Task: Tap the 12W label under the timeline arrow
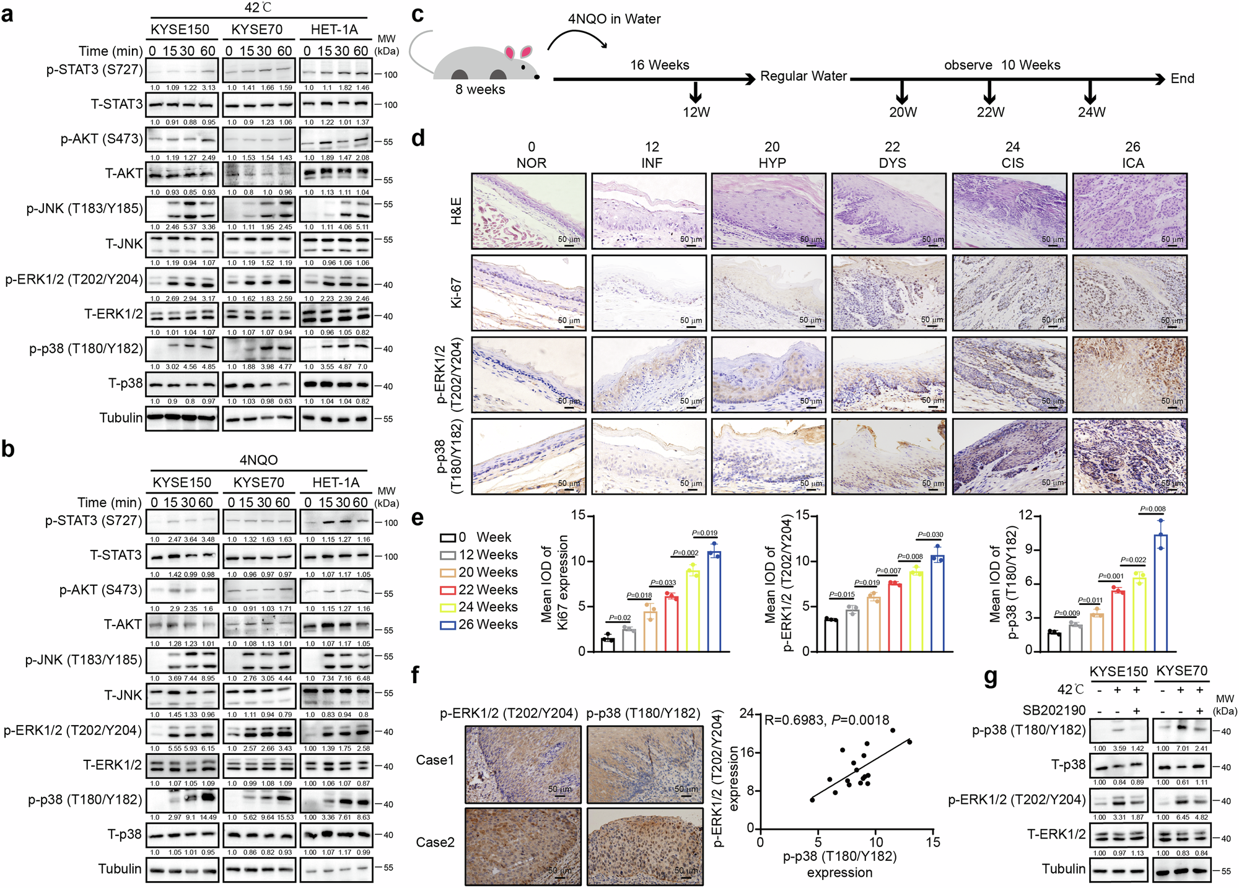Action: [696, 112]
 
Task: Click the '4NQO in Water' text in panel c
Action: [614, 19]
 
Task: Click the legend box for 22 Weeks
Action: [448, 590]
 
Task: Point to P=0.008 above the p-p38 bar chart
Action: [1152, 509]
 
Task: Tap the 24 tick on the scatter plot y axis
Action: [746, 713]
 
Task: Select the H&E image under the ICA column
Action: [1129, 211]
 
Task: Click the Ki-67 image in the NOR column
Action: [528, 293]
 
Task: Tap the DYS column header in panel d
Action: [892, 163]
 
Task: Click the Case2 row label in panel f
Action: [435, 842]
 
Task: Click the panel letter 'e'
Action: [418, 517]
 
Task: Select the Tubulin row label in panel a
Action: [121, 418]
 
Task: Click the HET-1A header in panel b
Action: [336, 482]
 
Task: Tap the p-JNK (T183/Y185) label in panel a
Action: [84, 209]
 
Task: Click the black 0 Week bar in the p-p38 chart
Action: [1054, 641]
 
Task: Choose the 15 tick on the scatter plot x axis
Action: [932, 842]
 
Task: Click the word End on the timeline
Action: [1182, 79]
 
